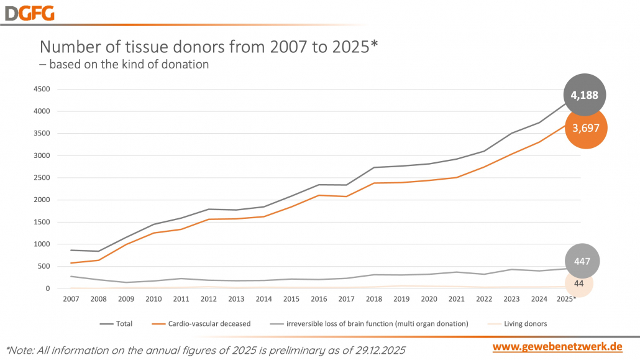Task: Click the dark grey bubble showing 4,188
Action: pos(585,95)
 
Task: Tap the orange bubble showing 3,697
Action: pos(585,128)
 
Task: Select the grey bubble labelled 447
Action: pos(582,261)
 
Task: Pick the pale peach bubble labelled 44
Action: pos(578,283)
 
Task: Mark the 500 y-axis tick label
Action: pos(43,266)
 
